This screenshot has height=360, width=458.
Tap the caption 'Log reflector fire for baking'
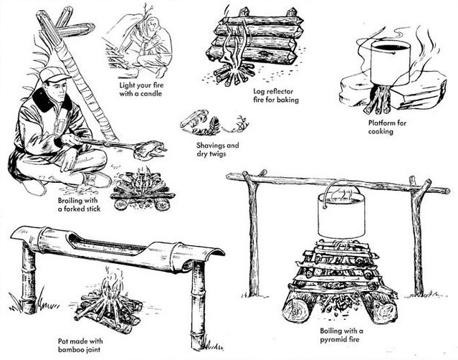click(275, 95)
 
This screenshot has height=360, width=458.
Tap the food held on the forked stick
click(153, 148)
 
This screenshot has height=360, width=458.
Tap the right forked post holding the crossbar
click(417, 237)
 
